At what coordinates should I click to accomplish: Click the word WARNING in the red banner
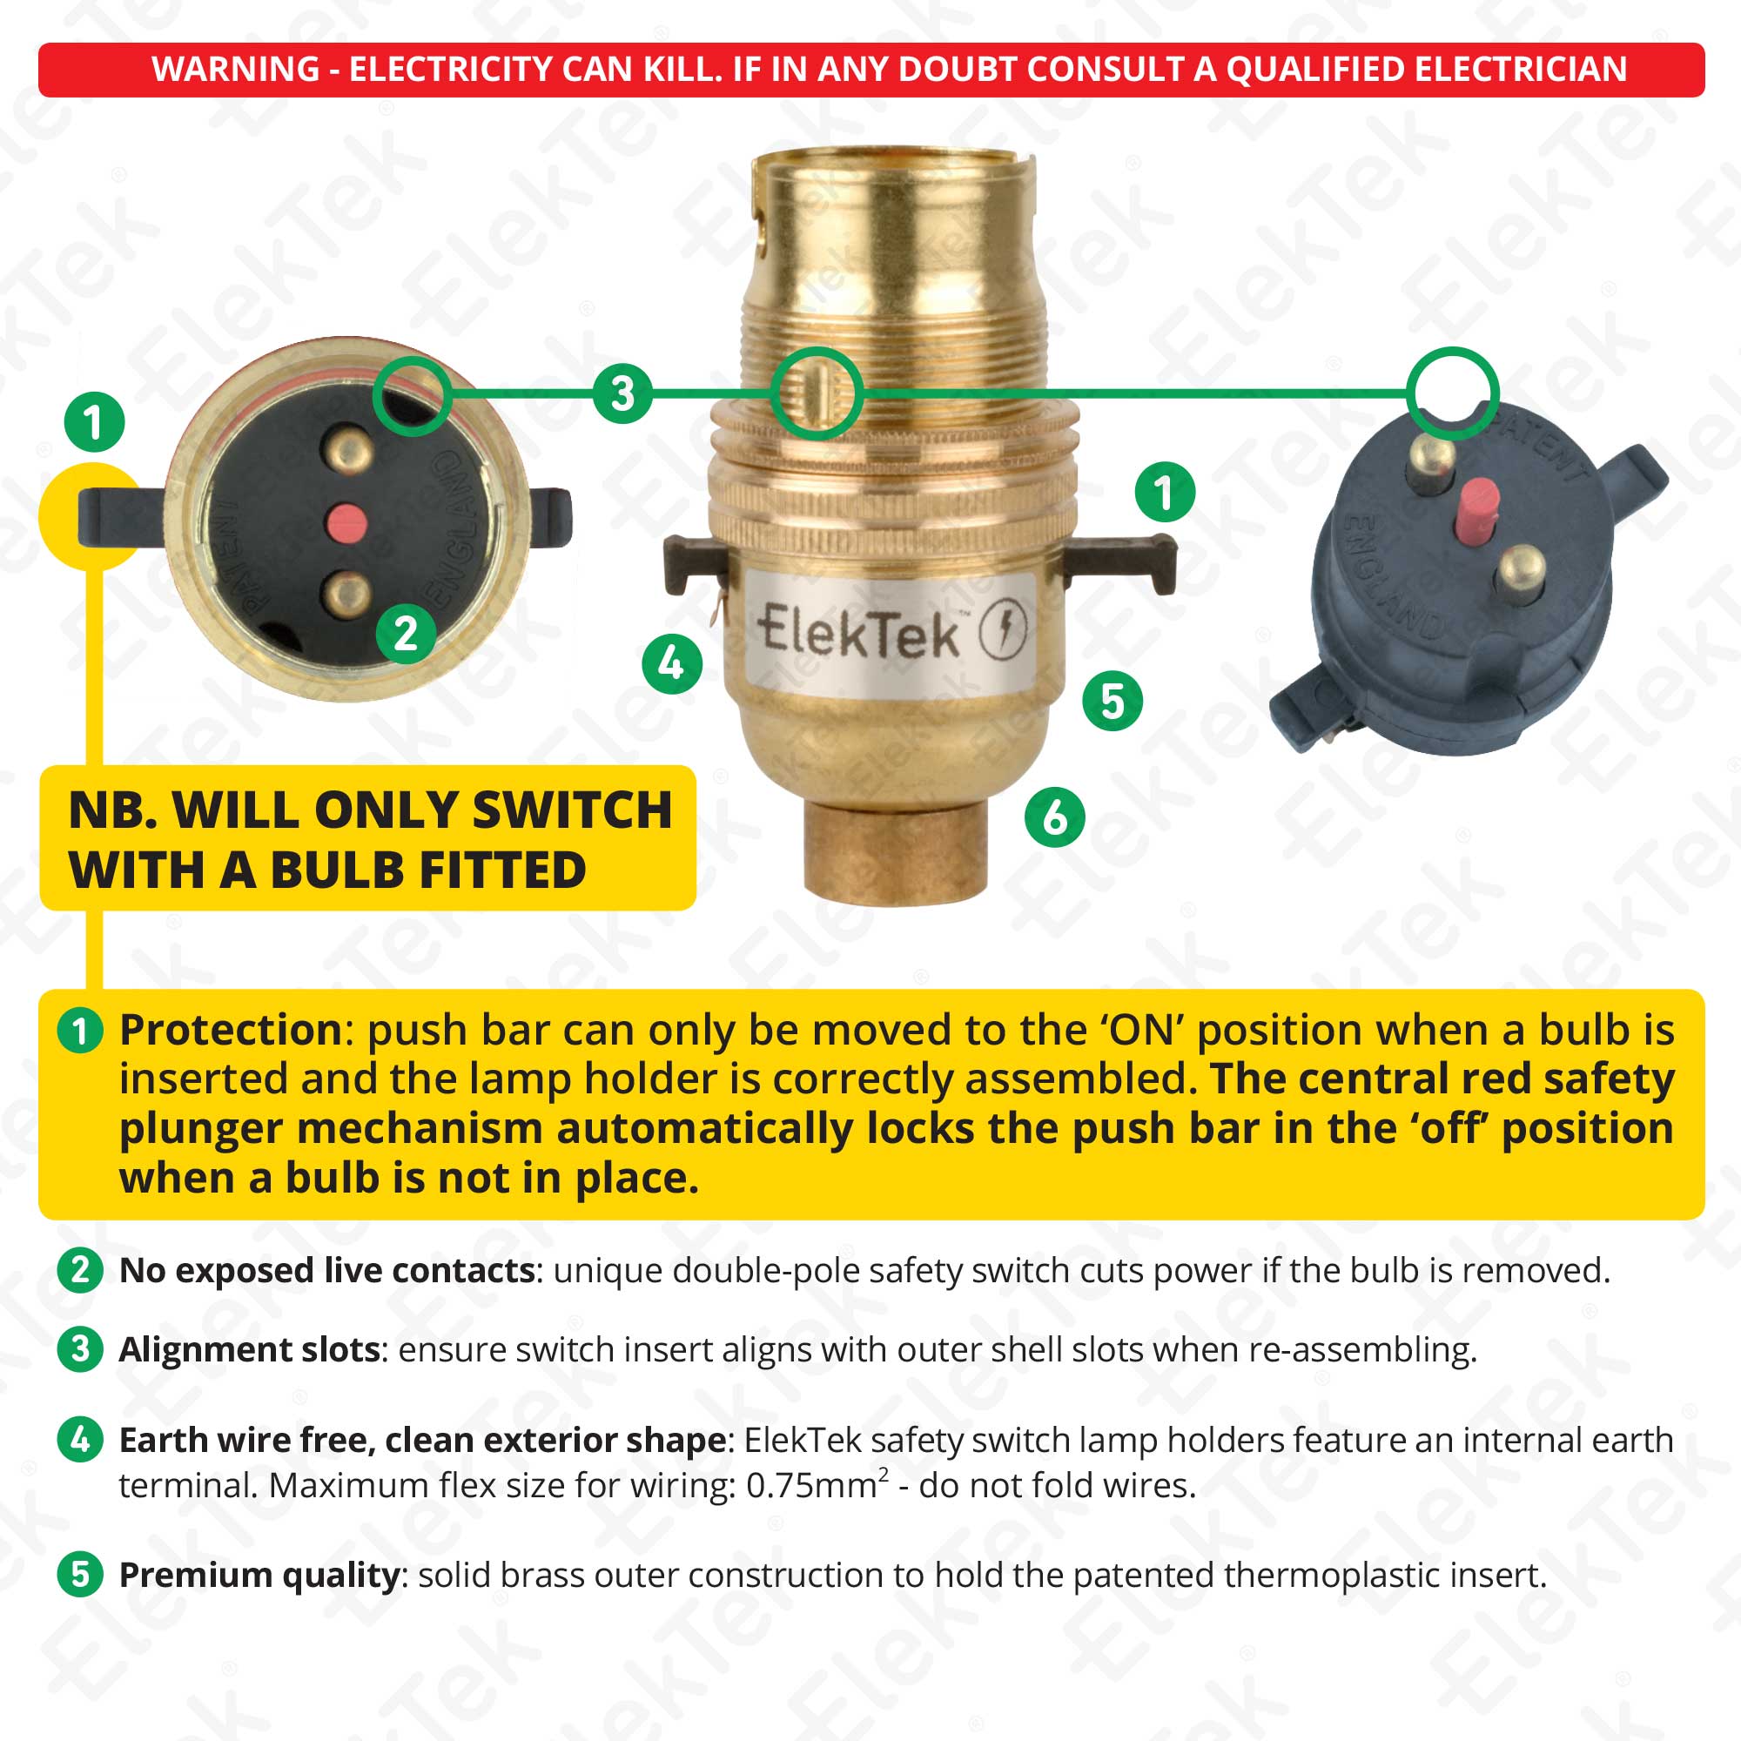235,70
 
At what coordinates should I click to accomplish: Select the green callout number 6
1054,817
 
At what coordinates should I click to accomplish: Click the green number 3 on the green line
622,393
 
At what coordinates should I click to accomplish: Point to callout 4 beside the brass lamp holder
671,664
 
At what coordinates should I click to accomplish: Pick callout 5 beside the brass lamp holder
1112,701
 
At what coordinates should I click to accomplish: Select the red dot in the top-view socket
346,521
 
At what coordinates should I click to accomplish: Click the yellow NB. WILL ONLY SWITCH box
367,837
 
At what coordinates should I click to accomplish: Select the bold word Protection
230,1030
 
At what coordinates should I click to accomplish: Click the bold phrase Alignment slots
249,1350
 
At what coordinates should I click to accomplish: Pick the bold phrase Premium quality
259,1574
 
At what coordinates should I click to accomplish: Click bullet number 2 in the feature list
80,1271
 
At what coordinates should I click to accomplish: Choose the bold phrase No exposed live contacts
328,1271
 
